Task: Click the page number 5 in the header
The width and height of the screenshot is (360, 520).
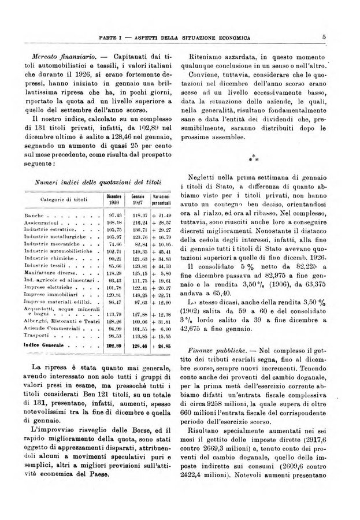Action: point(325,38)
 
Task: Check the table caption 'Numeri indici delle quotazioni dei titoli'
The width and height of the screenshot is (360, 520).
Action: point(95,181)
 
